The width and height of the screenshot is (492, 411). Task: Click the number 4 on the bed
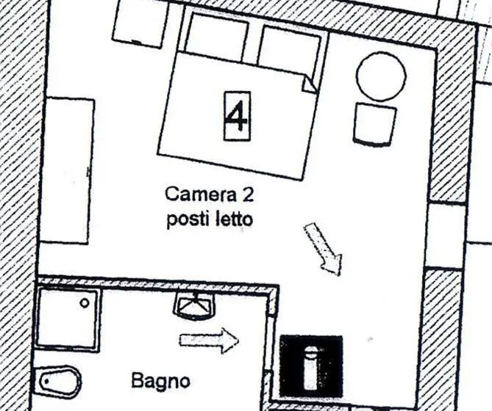pyautogui.click(x=238, y=116)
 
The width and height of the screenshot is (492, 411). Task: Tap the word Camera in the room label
pyautogui.click(x=201, y=194)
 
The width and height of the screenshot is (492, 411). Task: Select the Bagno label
pyautogui.click(x=160, y=381)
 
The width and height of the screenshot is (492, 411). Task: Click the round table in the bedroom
pyautogui.click(x=381, y=76)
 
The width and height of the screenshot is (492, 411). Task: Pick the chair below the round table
pyautogui.click(x=374, y=125)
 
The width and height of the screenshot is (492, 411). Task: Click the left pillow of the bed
pyautogui.click(x=216, y=37)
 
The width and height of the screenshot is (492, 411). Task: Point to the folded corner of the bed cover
pyautogui.click(x=308, y=84)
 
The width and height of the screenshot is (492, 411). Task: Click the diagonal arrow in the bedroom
pyautogui.click(x=324, y=249)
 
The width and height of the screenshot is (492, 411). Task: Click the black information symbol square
pyautogui.click(x=311, y=366)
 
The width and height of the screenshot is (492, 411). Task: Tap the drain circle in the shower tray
pyautogui.click(x=84, y=303)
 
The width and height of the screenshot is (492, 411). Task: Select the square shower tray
pyautogui.click(x=68, y=318)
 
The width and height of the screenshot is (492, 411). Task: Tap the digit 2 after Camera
pyautogui.click(x=247, y=195)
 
